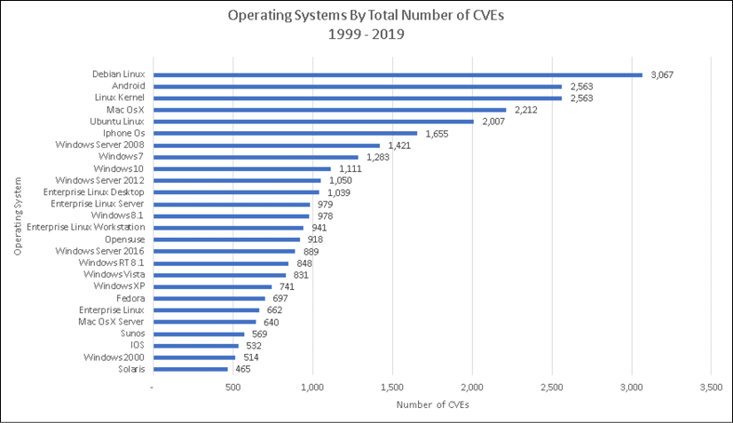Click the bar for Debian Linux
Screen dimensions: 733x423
[x=398, y=74]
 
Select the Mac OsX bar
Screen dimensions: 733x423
[x=330, y=110]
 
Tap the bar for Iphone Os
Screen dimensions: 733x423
[x=286, y=134]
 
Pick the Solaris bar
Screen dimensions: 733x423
[x=191, y=369]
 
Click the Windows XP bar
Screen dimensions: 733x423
[x=213, y=287]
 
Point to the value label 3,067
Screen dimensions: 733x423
[x=662, y=74]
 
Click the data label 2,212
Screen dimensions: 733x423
[x=526, y=110]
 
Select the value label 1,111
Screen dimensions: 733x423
[x=351, y=168]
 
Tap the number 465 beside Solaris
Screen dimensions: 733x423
[x=243, y=369]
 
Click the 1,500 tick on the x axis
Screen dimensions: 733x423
[x=392, y=388]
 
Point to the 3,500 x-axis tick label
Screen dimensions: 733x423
[x=711, y=388]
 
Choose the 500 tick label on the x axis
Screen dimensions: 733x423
[x=233, y=388]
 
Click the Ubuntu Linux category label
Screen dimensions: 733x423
[x=117, y=121]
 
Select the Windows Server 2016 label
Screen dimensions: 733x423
[x=99, y=251]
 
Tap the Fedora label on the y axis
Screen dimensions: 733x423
[x=130, y=298]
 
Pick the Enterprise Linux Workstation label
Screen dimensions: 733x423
[x=85, y=227]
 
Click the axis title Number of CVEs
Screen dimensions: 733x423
[x=432, y=404]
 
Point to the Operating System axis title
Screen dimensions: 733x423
[x=18, y=216]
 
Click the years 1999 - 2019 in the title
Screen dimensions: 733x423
[x=366, y=34]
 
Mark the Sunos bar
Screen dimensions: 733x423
[x=199, y=334]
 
